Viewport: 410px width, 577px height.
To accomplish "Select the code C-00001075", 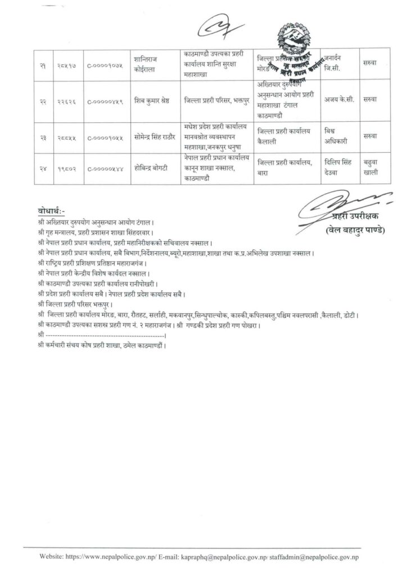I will click(105, 67).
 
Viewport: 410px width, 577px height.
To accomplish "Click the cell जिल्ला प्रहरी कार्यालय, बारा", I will click(283, 167).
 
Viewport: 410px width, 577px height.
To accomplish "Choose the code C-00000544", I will click(105, 167).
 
